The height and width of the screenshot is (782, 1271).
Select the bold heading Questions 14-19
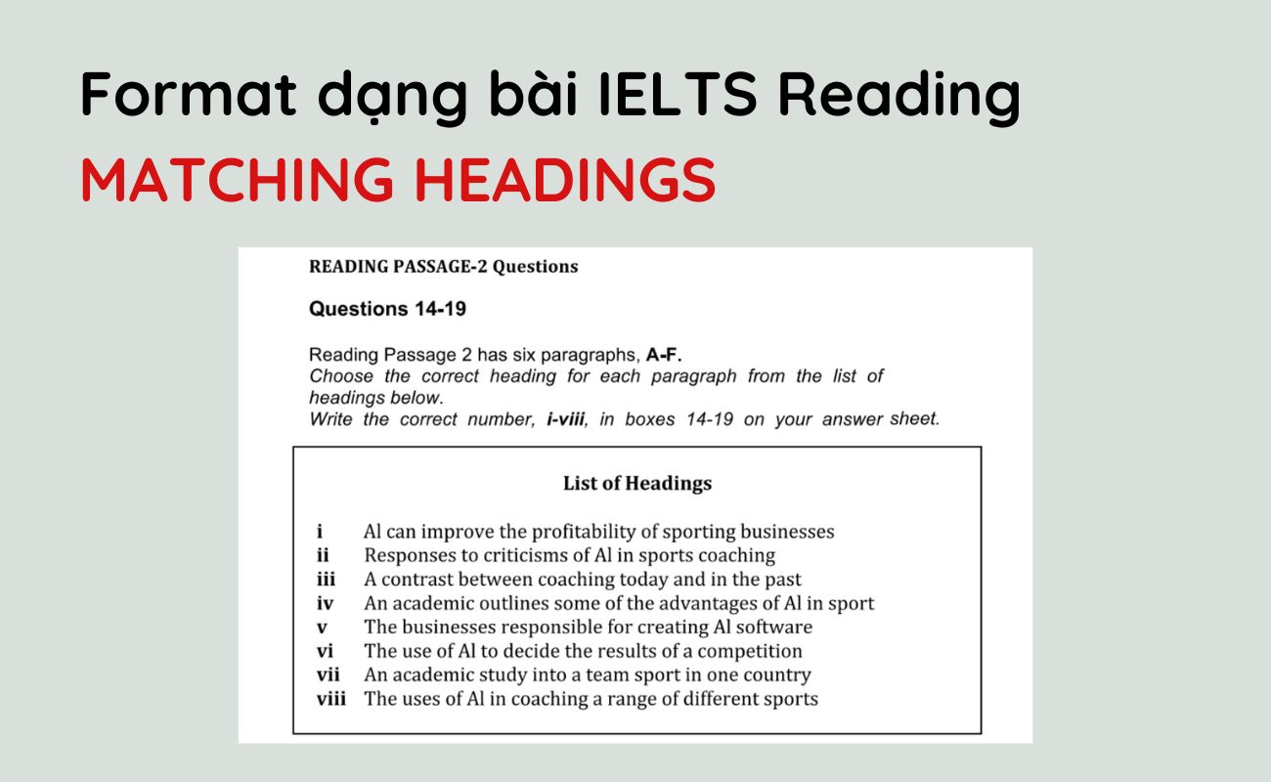(x=387, y=309)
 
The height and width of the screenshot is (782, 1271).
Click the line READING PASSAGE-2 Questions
(x=443, y=266)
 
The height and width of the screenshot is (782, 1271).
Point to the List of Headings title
(x=636, y=483)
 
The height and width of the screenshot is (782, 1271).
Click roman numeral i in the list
(x=320, y=533)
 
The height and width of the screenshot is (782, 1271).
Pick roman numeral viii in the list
(x=330, y=699)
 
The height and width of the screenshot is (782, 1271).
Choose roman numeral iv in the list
(x=325, y=604)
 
